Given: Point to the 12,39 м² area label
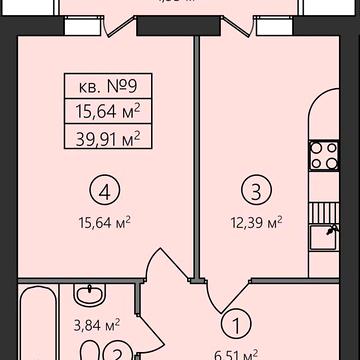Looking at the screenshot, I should (254, 221).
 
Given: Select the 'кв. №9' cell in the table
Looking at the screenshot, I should (109, 87).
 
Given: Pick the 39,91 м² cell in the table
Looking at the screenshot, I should (109, 137).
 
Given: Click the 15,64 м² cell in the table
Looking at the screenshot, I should (109, 112).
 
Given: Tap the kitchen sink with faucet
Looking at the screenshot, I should (324, 237).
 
